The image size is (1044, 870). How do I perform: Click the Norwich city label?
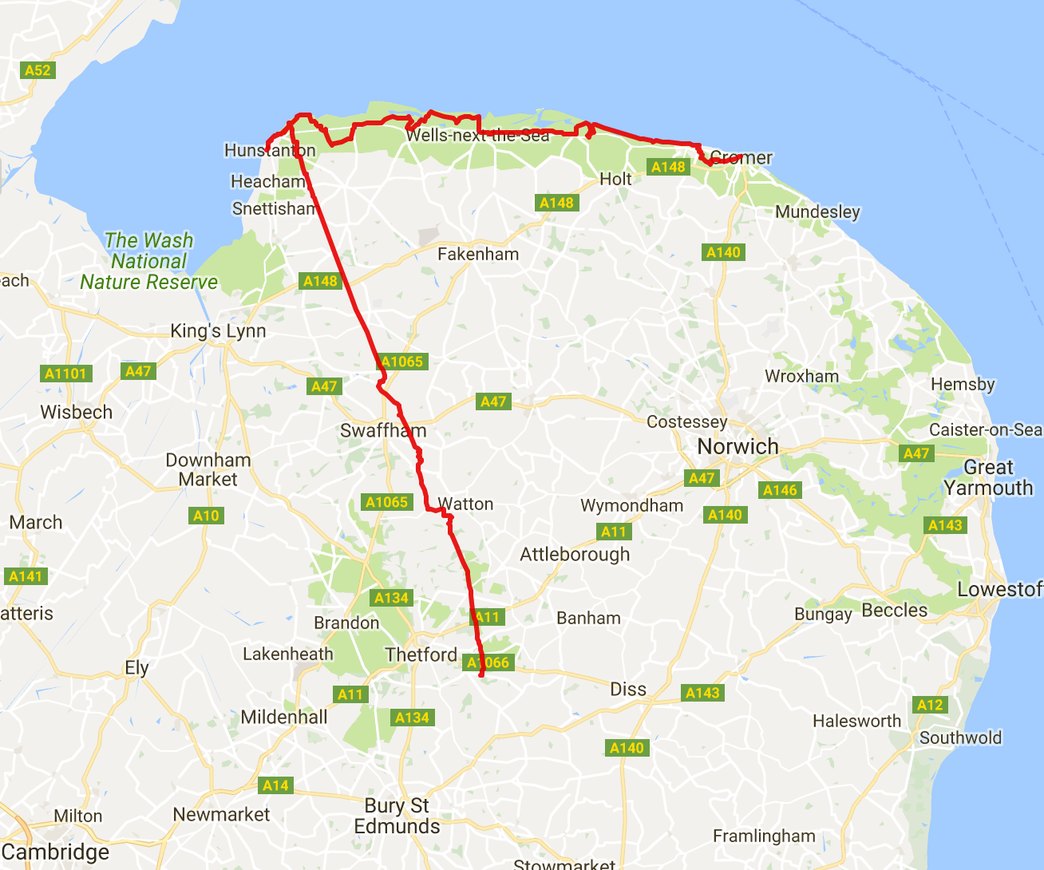tap(738, 446)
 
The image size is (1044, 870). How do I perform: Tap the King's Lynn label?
tap(218, 331)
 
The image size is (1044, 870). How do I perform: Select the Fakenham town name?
tap(478, 255)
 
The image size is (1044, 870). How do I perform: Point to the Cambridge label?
tap(56, 852)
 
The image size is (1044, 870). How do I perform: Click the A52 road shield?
tap(38, 70)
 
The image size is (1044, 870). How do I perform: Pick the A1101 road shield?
tap(65, 374)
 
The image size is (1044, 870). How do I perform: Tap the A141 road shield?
tap(26, 576)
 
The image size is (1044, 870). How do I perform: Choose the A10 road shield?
tap(206, 516)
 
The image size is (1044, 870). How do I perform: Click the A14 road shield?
tap(275, 785)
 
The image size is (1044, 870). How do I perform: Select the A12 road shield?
tap(930, 705)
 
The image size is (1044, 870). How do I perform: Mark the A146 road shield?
tap(780, 490)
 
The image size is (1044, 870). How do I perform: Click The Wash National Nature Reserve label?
tap(149, 261)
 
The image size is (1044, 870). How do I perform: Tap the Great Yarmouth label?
tap(988, 477)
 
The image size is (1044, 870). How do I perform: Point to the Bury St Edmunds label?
tap(397, 816)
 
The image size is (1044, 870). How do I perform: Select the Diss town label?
tap(628, 690)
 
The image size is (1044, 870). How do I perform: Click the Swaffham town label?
tap(383, 431)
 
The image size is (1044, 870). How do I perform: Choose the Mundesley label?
tap(817, 212)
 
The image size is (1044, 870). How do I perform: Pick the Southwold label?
tap(960, 738)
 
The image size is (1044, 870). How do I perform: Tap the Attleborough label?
tap(575, 555)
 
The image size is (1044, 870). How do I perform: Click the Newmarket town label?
tap(221, 815)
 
